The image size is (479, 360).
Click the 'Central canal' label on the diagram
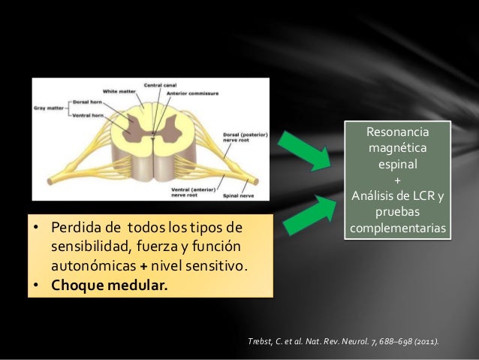(x=159, y=85)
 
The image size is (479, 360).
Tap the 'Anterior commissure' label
(x=197, y=93)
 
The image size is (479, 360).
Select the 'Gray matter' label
(x=49, y=107)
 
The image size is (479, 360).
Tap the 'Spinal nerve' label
(x=239, y=196)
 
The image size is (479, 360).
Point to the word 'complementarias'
(x=398, y=227)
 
